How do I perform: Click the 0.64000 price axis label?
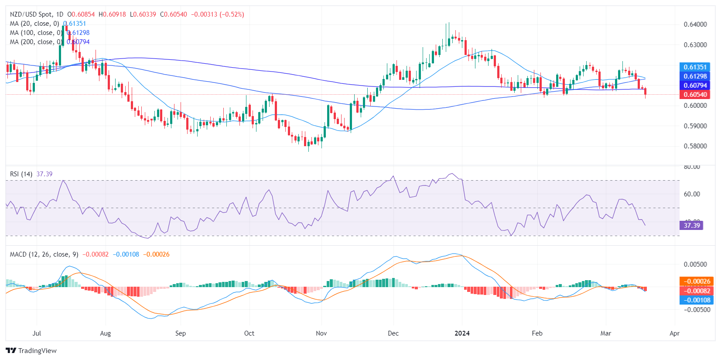[695, 24]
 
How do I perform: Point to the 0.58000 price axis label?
[695, 146]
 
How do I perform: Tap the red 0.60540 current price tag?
[695, 95]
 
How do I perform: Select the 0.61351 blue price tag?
[695, 67]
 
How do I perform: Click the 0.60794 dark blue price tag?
[695, 86]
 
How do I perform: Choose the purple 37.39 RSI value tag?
[691, 226]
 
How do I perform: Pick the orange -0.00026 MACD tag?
[697, 281]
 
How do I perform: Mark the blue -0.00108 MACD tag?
[697, 300]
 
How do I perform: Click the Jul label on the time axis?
[37, 333]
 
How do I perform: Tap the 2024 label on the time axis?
[462, 333]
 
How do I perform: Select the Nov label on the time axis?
[321, 333]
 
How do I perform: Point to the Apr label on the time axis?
[674, 333]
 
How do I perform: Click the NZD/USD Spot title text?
[31, 14]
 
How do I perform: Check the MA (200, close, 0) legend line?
[35, 42]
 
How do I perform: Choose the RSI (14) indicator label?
[21, 174]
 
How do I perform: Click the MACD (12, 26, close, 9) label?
[44, 254]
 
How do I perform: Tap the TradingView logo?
[31, 351]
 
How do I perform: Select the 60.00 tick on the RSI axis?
[692, 194]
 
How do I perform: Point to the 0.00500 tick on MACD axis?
[695, 264]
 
